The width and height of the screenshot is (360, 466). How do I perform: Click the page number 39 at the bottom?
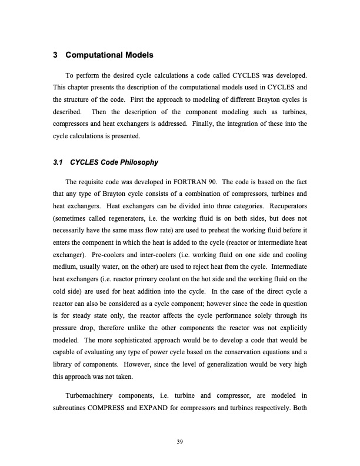point(180,441)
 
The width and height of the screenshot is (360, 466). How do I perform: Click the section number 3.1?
point(58,162)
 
